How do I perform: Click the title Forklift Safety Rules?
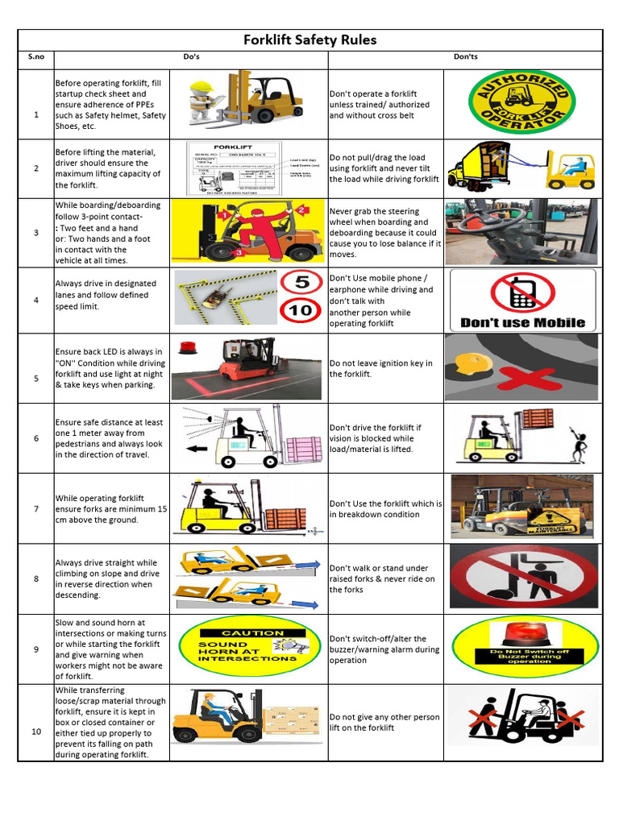coord(310,40)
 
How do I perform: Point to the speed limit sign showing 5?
coord(301,283)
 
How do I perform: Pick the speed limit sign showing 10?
coord(301,310)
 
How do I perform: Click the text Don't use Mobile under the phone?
coord(522,323)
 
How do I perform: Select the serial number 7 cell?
coord(35,509)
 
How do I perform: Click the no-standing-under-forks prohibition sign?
coord(524,578)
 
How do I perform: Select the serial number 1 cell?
coord(35,114)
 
